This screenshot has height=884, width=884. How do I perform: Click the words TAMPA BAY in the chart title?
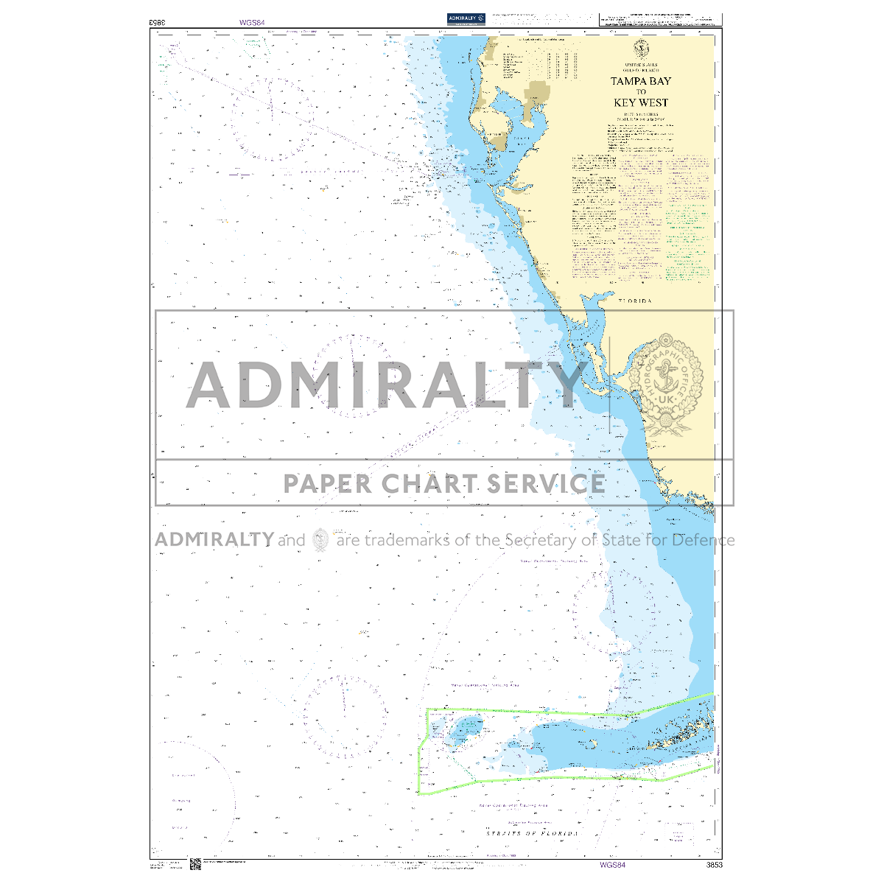(x=640, y=81)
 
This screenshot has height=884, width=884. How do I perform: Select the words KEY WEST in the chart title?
(x=640, y=102)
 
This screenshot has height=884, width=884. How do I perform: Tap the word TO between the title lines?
(x=641, y=92)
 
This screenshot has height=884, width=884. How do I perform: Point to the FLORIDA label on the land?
(x=635, y=301)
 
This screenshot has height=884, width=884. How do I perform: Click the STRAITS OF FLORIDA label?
(x=532, y=833)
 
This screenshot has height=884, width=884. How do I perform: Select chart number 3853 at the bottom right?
(x=713, y=865)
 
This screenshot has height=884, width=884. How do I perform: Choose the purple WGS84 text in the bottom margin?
(x=612, y=865)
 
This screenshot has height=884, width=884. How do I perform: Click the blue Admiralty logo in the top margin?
(x=466, y=18)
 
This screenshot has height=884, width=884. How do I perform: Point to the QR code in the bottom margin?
(x=195, y=864)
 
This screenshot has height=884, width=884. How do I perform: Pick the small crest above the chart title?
(x=641, y=48)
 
